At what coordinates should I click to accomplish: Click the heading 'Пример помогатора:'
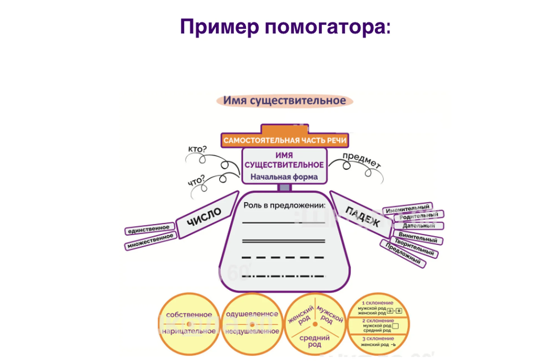click(x=285, y=27)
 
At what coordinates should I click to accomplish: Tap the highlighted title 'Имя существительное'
click(x=285, y=101)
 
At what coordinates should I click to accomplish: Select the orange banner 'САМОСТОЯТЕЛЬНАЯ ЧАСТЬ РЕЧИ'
click(x=285, y=140)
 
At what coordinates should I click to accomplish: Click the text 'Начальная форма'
click(x=284, y=177)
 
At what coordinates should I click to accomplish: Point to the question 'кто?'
click(x=197, y=149)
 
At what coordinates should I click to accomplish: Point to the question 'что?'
click(x=196, y=180)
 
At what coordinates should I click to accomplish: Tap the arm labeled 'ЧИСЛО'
click(x=204, y=217)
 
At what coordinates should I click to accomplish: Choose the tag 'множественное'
click(x=150, y=241)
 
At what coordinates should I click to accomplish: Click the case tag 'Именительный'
click(x=407, y=209)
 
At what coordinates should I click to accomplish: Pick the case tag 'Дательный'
click(x=419, y=226)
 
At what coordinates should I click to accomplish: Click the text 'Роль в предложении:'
click(x=284, y=205)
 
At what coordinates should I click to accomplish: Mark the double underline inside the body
click(x=283, y=241)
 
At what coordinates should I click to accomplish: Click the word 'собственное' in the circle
click(x=189, y=315)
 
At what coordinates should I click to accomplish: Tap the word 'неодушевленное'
click(x=252, y=331)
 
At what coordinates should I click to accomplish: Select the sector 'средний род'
click(x=314, y=341)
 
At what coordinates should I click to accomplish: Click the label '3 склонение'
click(x=378, y=339)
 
